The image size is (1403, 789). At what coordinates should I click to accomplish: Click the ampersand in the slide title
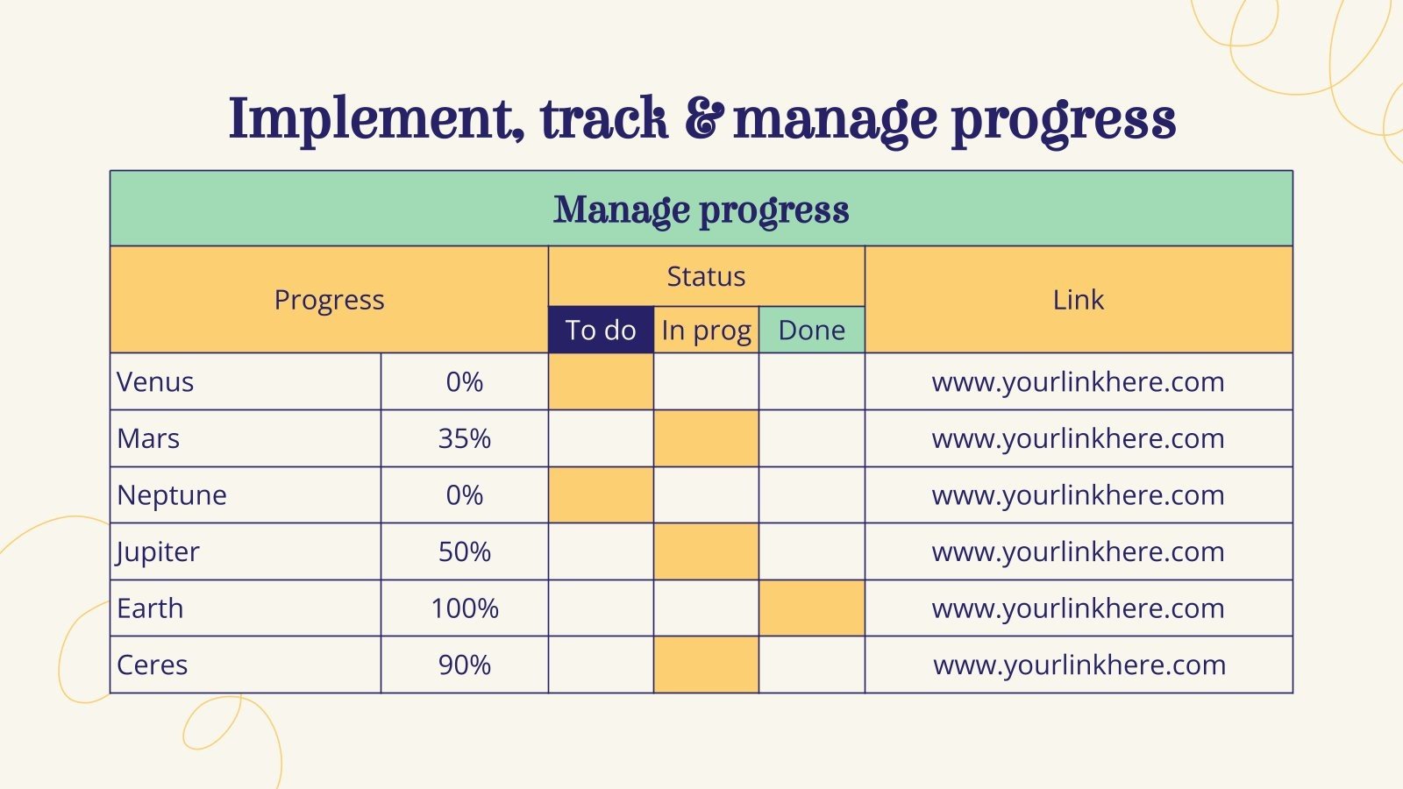point(704,120)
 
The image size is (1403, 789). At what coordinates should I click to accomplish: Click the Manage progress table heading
point(701,210)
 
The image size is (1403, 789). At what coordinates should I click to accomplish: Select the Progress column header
point(329,300)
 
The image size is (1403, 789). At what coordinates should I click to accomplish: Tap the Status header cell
point(706,276)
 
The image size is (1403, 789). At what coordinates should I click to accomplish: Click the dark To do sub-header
point(601,331)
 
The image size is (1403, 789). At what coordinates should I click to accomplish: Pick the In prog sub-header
point(706,331)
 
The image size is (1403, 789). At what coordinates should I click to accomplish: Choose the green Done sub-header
point(811,331)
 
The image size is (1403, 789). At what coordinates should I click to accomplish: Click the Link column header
point(1078,300)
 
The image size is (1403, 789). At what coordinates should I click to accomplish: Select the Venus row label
point(155,382)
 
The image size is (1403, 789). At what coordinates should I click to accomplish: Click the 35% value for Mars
point(464,438)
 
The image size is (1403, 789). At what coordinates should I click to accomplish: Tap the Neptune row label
point(172,495)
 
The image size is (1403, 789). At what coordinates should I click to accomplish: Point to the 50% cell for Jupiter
point(464,551)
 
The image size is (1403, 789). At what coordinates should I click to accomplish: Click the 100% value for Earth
point(464,608)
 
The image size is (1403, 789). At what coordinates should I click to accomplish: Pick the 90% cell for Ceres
point(464,665)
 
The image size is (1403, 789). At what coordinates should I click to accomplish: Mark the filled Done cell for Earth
point(811,608)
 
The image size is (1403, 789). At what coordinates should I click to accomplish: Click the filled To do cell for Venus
point(601,382)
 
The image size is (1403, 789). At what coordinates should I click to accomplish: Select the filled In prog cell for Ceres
point(706,665)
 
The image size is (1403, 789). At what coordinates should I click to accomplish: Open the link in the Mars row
point(1078,438)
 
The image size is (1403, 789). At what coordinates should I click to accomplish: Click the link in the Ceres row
point(1079,665)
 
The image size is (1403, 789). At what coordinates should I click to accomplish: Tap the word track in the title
point(603,120)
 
